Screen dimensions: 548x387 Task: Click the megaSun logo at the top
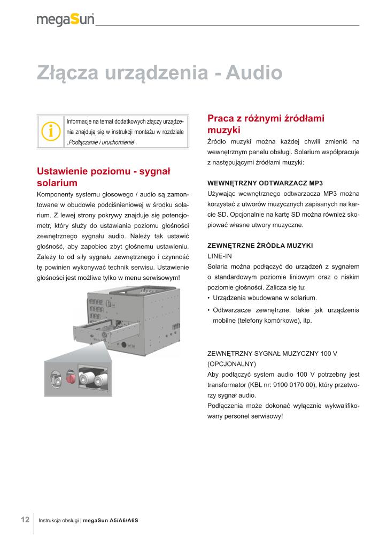[x=65, y=20]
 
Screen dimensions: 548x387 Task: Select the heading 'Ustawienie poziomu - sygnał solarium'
[x=103, y=177]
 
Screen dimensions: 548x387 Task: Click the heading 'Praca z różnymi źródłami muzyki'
[x=266, y=124]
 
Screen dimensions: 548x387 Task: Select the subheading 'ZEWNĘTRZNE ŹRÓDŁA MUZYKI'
[x=259, y=245]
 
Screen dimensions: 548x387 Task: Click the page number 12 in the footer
[x=25, y=520]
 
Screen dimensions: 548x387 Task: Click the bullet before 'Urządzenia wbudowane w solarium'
[x=208, y=298]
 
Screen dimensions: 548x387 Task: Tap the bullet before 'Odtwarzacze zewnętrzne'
[x=208, y=310]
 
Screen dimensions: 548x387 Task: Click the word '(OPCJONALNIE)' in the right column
[x=229, y=363]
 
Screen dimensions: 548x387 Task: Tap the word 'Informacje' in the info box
[x=79, y=121]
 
